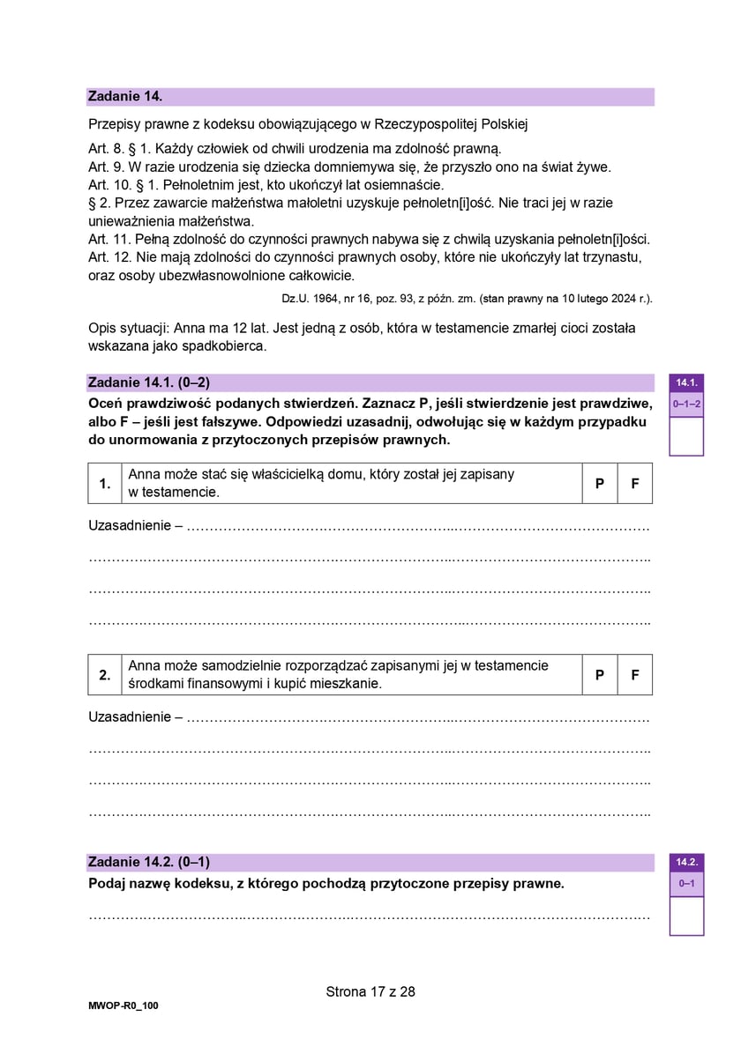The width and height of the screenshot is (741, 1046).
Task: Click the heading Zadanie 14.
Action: point(124,96)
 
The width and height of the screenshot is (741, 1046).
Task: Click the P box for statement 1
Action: point(600,484)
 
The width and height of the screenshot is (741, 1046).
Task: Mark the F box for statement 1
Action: point(635,484)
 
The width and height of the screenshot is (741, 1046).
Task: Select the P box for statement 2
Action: point(600,674)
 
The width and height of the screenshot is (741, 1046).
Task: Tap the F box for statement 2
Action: point(635,674)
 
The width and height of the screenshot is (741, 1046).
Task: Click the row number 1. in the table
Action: point(105,484)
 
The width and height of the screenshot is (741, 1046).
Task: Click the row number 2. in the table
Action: point(105,674)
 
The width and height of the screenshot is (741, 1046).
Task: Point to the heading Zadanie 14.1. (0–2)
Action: point(149,382)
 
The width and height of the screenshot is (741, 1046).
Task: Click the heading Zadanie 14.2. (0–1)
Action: point(149,861)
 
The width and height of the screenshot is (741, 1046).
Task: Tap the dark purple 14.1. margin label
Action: point(686,382)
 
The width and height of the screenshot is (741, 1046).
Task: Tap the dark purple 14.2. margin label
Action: point(686,862)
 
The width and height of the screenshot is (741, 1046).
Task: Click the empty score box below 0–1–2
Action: point(686,435)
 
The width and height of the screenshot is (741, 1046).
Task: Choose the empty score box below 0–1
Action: point(686,916)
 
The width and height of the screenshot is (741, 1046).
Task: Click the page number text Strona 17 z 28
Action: point(370,991)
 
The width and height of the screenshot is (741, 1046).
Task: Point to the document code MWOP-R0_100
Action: point(123,1005)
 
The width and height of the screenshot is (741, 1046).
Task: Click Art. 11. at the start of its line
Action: point(108,240)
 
